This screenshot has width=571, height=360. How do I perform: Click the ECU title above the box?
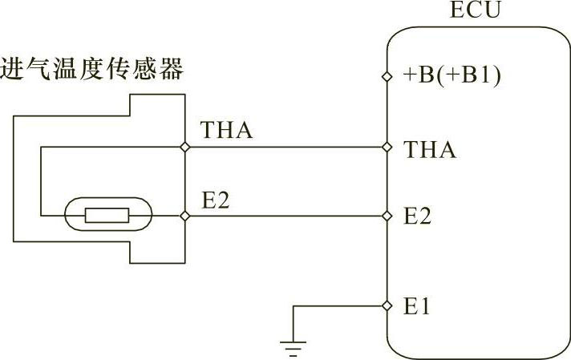coord(476,10)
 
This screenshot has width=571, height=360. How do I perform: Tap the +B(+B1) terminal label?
coord(452,75)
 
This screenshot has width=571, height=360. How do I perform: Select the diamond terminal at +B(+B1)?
coord(387,76)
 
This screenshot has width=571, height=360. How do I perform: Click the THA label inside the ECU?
coord(430,150)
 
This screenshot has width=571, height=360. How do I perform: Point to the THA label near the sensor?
coord(226,130)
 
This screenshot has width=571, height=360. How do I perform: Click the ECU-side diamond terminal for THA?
coord(387,147)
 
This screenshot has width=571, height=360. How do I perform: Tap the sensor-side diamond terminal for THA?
coord(185,147)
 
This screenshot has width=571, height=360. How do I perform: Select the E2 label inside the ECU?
coord(417,216)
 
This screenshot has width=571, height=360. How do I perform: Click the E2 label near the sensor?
coord(216,200)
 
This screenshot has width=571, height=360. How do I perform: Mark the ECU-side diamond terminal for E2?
coord(387,216)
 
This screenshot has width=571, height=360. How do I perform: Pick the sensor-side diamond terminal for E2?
coord(185,216)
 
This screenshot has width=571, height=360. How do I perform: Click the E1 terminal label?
coord(416,306)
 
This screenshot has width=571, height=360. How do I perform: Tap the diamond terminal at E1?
coord(387,305)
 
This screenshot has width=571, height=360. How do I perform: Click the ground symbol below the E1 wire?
coord(294,348)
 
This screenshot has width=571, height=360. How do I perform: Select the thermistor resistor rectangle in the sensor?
coord(107,215)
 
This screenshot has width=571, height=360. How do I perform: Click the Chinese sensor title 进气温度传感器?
coord(91,68)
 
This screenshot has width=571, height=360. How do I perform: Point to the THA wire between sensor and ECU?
coord(285,147)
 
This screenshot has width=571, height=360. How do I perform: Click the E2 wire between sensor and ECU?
coord(285,216)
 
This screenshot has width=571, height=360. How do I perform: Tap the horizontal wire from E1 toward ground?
coord(338,305)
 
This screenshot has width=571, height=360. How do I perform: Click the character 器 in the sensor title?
coord(171,68)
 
